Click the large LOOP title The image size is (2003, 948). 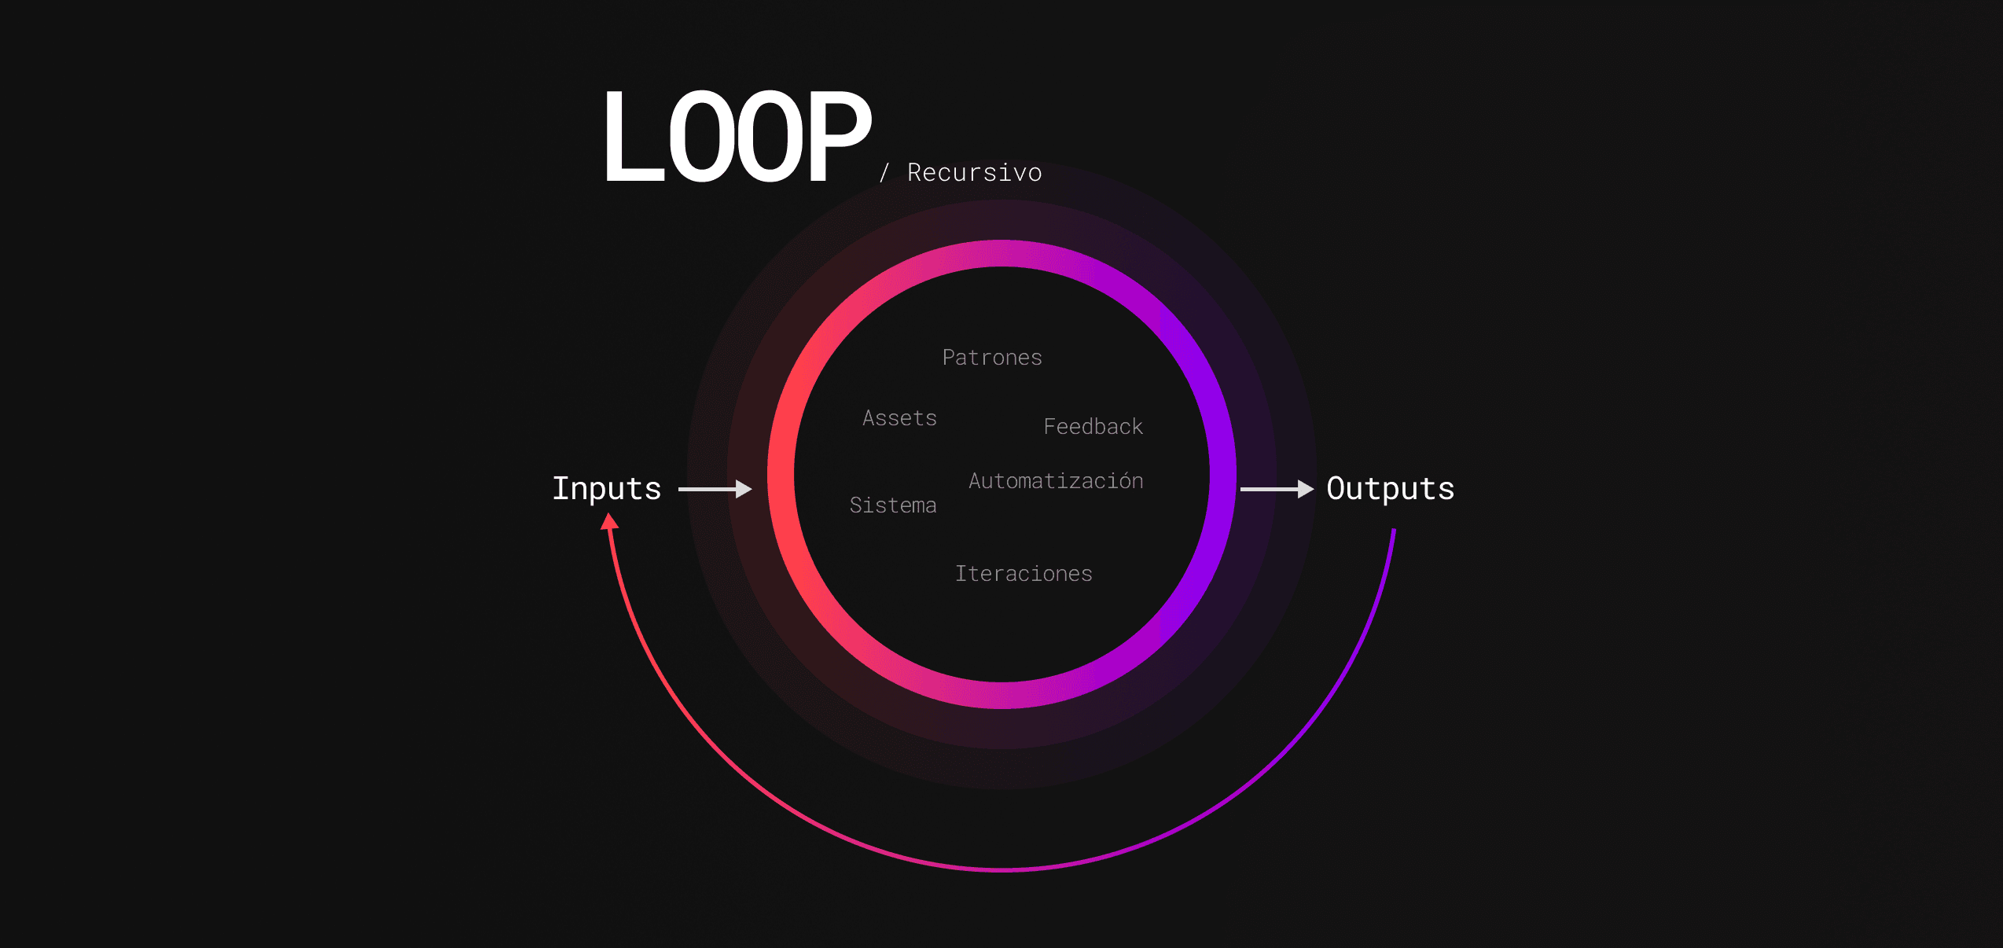point(737,137)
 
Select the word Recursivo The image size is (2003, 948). point(975,172)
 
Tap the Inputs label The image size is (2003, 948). point(607,489)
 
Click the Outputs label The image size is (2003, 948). point(1391,489)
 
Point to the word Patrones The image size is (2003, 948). point(992,358)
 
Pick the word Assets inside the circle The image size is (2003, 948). point(899,418)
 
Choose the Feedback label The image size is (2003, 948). point(1093,426)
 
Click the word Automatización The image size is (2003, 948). point(1056,480)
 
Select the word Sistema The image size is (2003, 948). point(893,505)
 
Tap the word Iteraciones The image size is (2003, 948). point(1024,574)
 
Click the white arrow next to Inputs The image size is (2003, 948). point(715,489)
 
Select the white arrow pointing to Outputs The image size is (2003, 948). point(1277,489)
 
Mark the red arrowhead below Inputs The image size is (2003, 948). point(609,521)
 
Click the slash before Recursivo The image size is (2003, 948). point(884,173)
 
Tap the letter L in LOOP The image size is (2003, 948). point(634,137)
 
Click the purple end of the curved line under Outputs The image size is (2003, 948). point(1394,531)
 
